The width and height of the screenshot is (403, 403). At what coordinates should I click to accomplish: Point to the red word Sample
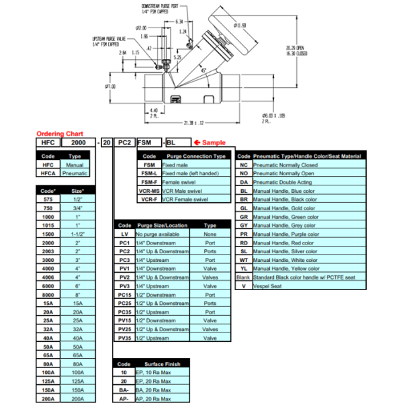pos(214,142)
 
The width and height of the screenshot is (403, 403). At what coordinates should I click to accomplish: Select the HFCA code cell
pos(47,173)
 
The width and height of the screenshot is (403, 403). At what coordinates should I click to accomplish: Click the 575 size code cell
pos(47,199)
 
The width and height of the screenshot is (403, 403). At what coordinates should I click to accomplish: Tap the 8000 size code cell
pos(47,294)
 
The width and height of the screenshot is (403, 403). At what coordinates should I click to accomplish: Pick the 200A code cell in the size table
pos(47,398)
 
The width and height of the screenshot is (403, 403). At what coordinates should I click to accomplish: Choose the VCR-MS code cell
pos(150,191)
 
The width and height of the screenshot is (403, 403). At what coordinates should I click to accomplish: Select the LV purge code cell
pos(124,234)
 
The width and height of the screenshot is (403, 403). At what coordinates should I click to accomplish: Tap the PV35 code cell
pos(124,338)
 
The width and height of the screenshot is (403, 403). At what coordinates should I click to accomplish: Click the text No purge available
pos(160,234)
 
